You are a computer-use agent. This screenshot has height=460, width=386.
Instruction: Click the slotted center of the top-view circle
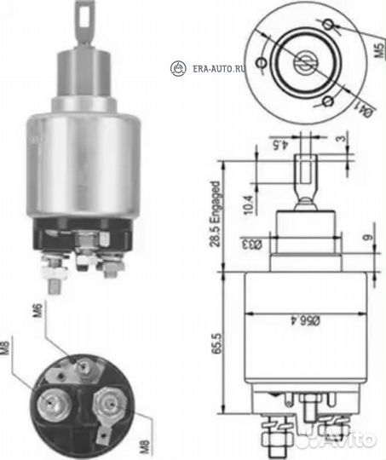(303, 61)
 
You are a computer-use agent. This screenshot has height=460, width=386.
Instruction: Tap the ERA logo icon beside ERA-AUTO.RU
(178, 67)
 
